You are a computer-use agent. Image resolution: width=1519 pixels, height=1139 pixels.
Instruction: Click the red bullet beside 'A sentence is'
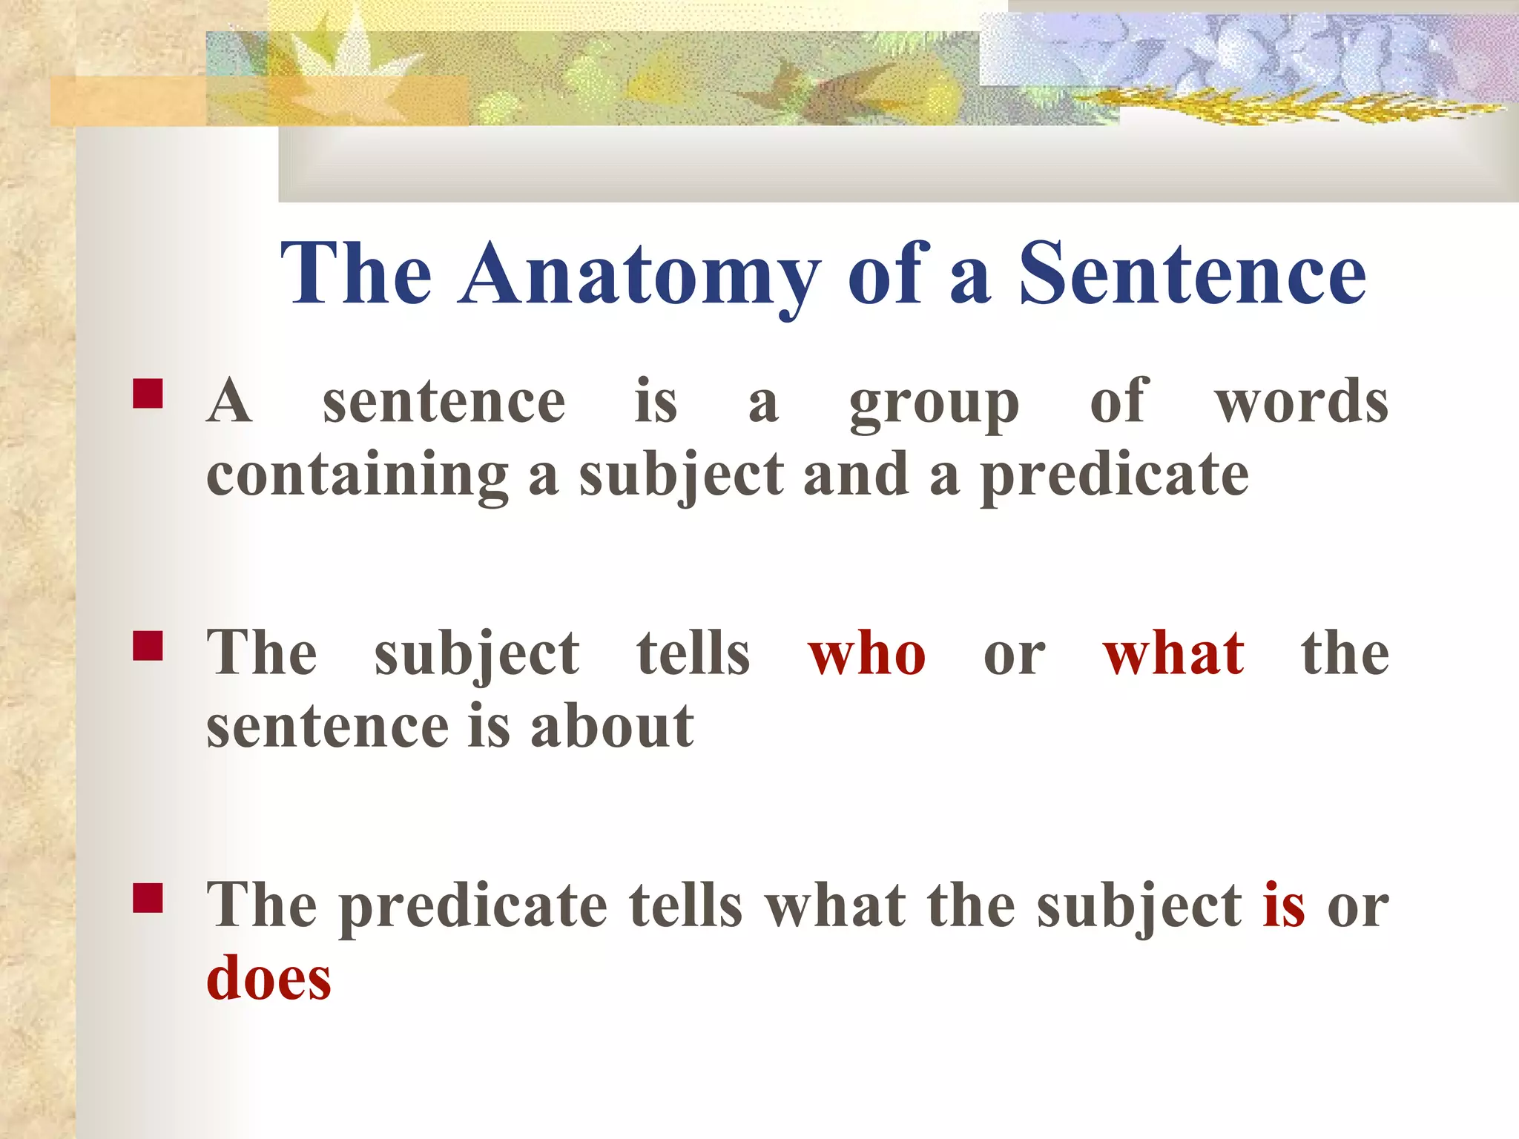pos(148,394)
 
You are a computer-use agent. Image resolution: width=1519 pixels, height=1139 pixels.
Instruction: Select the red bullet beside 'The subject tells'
pos(148,645)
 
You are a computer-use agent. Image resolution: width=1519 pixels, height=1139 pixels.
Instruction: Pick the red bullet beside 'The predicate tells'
pos(148,897)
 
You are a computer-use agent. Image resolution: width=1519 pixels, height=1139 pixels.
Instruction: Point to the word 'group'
pos(934,405)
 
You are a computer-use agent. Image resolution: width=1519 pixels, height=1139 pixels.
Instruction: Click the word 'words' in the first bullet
pos(1301,402)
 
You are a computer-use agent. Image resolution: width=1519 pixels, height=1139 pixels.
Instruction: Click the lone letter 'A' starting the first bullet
pos(229,400)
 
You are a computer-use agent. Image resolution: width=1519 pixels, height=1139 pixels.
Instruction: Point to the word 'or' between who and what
pos(1014,656)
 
